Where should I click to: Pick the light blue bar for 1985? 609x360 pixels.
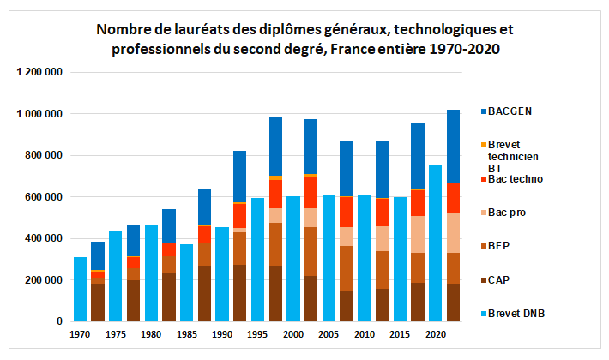click(x=187, y=283)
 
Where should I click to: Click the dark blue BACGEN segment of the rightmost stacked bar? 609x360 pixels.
click(x=454, y=146)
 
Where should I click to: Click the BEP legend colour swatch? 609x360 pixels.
click(x=486, y=246)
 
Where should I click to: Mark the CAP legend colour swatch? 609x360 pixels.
click(x=486, y=279)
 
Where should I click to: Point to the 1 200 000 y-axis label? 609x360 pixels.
click(x=39, y=72)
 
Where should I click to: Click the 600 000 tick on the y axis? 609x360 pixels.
click(x=44, y=197)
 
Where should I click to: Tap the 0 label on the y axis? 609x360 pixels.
click(x=59, y=321)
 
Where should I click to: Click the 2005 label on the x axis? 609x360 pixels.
click(x=329, y=334)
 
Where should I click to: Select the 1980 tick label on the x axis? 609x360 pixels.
click(x=151, y=334)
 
